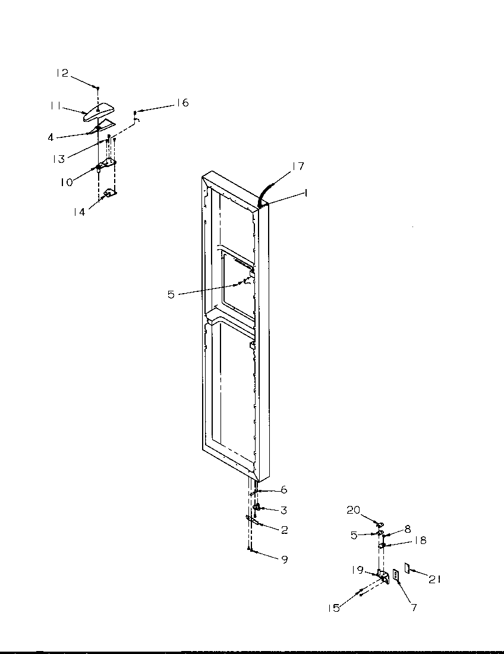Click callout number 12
[x=62, y=73]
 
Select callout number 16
[x=182, y=103]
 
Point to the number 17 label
[x=298, y=166]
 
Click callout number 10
[x=65, y=182]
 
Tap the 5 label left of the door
[x=171, y=294]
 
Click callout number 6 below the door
[x=283, y=490]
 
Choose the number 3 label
[x=283, y=510]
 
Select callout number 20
[x=353, y=510]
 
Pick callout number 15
[x=334, y=608]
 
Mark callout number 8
[x=407, y=528]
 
